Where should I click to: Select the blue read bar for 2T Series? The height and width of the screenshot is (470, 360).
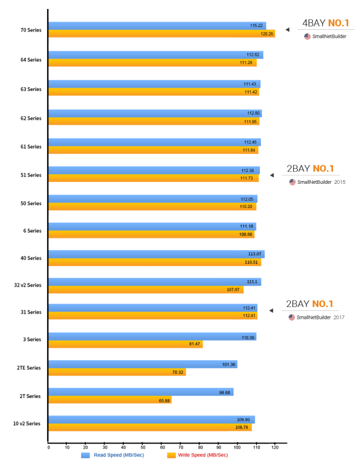(141, 392)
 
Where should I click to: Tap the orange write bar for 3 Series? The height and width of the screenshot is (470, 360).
(125, 344)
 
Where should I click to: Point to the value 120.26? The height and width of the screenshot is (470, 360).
(267, 34)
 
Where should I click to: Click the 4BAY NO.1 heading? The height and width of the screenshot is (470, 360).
(325, 24)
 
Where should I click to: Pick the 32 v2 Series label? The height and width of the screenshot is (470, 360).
(27, 286)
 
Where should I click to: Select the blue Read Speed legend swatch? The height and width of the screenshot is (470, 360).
(85, 455)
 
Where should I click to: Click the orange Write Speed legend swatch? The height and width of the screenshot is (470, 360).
(172, 455)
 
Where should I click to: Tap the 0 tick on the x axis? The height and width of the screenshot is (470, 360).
(48, 448)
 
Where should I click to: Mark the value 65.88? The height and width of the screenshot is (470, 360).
(164, 400)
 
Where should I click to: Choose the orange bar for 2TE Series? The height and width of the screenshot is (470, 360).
(117, 372)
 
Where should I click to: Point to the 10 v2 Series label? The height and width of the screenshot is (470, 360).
(27, 423)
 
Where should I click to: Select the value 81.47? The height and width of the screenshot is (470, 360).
(195, 344)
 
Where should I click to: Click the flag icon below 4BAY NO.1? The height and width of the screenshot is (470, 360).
(307, 37)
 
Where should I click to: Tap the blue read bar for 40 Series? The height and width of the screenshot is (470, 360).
(156, 254)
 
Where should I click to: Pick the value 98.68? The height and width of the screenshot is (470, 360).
(224, 392)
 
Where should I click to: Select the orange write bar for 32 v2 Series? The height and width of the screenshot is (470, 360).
(146, 290)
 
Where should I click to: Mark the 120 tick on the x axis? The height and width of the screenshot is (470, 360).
(275, 448)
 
